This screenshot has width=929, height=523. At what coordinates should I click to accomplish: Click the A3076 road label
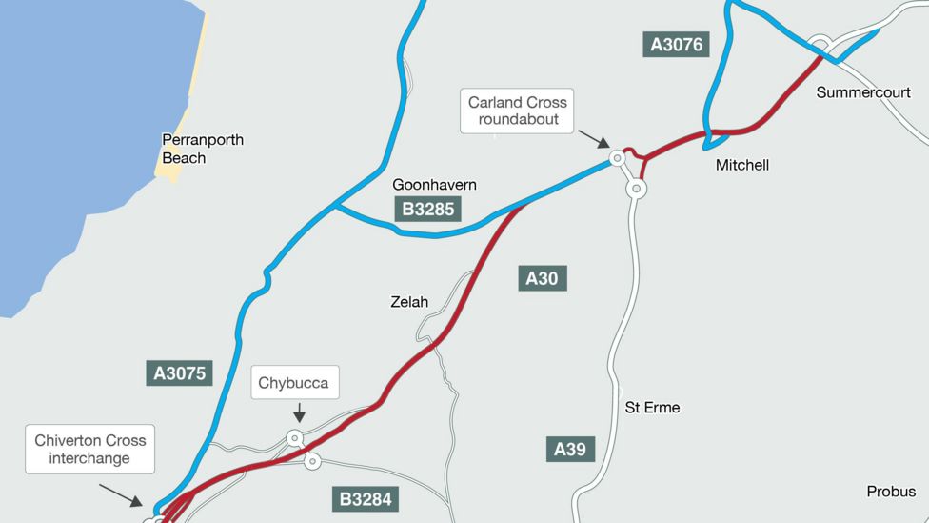coord(676,44)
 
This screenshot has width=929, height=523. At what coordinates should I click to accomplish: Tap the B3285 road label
coord(427,209)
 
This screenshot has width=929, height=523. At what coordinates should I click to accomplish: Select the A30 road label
coord(543,278)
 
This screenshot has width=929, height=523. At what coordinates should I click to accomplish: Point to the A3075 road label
coord(180,372)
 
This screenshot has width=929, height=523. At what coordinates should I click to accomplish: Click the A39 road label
coord(570,449)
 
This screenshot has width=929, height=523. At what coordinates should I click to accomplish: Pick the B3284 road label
coord(366,498)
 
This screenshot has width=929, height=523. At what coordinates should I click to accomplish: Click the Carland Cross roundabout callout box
coord(517,111)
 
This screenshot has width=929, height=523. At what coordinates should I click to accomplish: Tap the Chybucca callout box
coord(293,383)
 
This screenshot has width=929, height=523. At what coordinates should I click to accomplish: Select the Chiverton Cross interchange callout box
coord(90,450)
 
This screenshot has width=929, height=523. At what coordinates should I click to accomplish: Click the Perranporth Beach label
coord(203,149)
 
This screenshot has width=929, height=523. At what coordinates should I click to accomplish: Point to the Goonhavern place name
coord(434,185)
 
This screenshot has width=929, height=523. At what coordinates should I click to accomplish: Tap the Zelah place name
coord(409,302)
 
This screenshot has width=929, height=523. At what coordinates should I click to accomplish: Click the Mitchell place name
coord(742,165)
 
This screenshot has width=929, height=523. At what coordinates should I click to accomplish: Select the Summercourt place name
coord(863,92)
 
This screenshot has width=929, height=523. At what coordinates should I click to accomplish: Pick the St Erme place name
coord(652,408)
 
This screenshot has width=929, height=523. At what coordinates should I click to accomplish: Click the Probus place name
coord(891,492)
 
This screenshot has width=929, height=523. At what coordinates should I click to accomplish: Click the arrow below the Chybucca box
coord(299,412)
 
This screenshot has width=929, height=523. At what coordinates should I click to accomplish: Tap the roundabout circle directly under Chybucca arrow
coord(295,438)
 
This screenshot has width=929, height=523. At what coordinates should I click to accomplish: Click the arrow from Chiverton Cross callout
coord(121,494)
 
